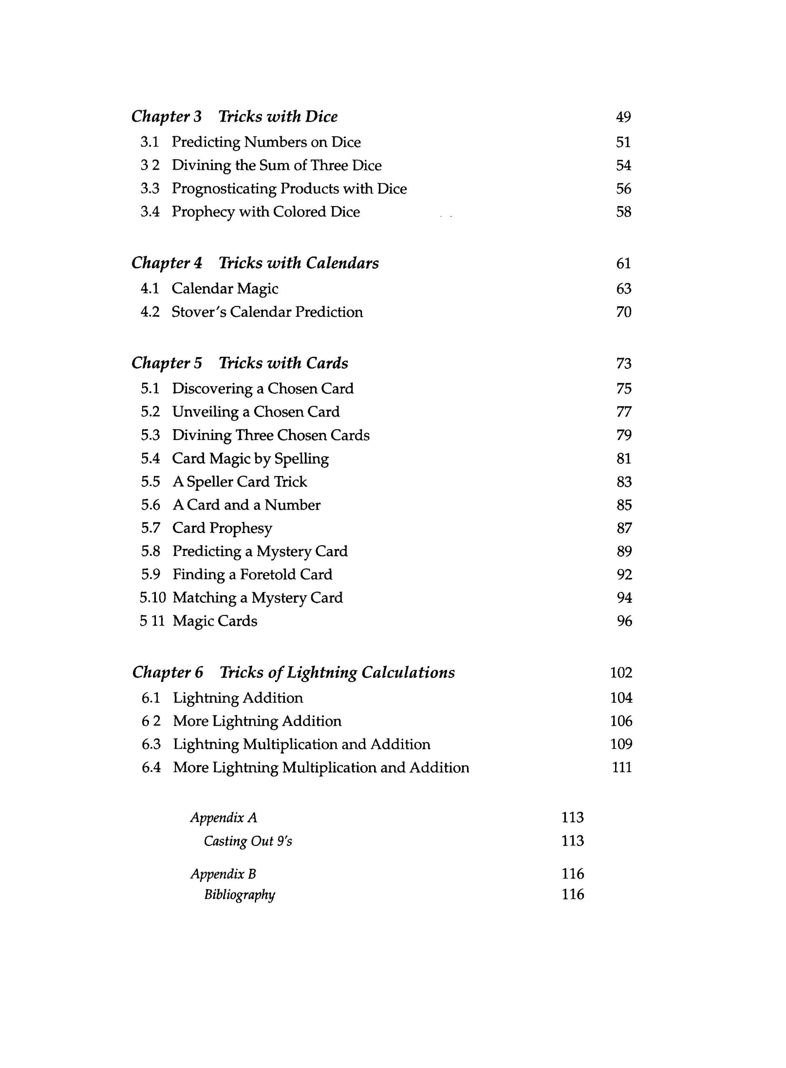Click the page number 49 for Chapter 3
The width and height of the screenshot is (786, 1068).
click(x=623, y=117)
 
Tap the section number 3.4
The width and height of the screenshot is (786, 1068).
click(x=150, y=212)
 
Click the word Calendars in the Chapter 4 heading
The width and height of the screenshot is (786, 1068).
click(x=342, y=263)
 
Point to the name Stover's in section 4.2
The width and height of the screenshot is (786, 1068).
click(x=198, y=312)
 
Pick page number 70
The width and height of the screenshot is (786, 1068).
click(x=623, y=312)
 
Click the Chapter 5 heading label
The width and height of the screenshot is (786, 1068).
click(x=166, y=363)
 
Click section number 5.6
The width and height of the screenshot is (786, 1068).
click(x=150, y=505)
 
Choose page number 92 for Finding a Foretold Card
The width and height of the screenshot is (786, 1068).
click(x=624, y=575)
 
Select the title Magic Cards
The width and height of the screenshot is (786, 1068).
click(x=214, y=621)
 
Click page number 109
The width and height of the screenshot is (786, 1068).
click(x=621, y=744)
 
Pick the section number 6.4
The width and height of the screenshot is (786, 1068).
click(x=151, y=768)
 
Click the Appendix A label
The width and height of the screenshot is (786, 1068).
click(x=224, y=817)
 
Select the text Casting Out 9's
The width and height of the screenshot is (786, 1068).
click(x=248, y=841)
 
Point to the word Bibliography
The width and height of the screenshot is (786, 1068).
click(x=240, y=895)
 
